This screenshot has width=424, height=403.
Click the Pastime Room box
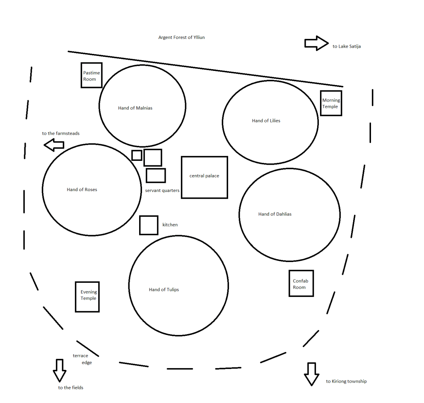[92, 75]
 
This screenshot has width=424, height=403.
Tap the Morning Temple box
[331, 103]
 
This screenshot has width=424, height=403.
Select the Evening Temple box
[87, 296]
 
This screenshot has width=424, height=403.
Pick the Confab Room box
[301, 284]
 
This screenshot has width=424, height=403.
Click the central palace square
[205, 177]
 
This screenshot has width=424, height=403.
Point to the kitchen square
[149, 225]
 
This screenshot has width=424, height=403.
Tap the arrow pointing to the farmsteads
[54, 145]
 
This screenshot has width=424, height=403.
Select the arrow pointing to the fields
[60, 370]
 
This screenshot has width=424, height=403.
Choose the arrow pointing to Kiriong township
[311, 374]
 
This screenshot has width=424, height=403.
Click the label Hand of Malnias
[135, 108]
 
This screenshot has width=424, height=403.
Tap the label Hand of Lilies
[266, 121]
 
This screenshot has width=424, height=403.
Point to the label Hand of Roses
[82, 190]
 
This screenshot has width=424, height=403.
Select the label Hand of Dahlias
[275, 214]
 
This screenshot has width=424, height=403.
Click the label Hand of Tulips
[164, 290]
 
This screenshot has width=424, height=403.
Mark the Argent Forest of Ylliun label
[181, 38]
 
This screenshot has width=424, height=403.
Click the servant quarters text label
[162, 191]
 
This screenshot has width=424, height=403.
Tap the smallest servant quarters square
[137, 155]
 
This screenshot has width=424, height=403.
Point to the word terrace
[80, 356]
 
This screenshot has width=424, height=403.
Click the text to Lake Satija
[347, 46]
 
